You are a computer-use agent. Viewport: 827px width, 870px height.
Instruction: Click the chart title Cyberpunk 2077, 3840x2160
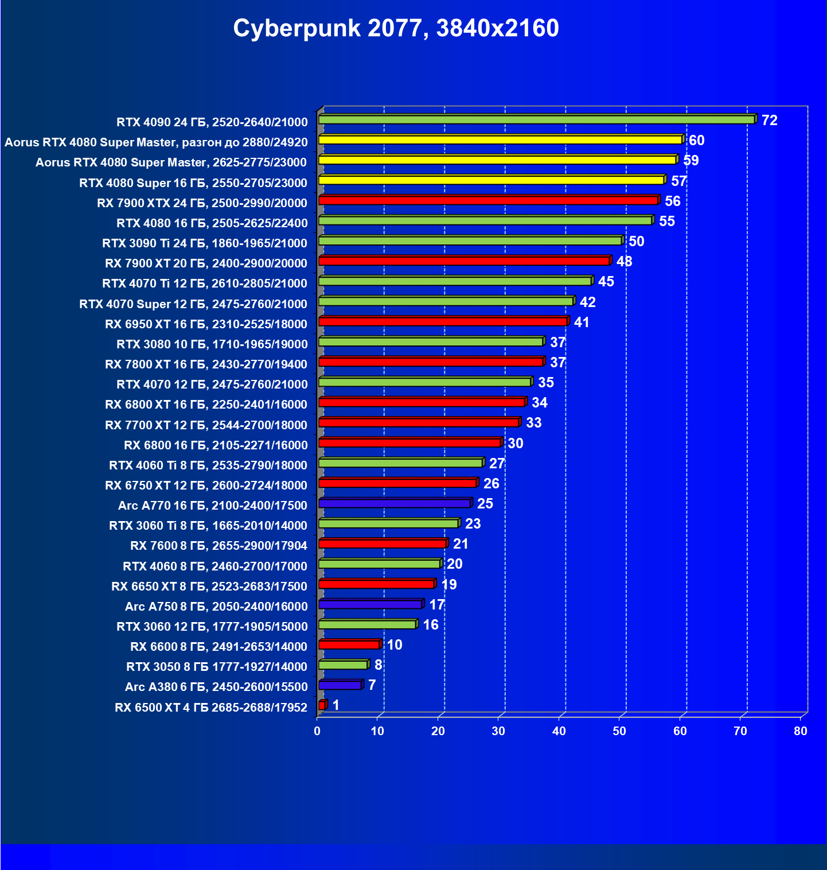pyautogui.click(x=396, y=28)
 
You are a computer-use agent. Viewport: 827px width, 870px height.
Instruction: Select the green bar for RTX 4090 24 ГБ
pyautogui.click(x=536, y=119)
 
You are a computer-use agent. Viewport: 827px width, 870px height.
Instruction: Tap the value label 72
pyautogui.click(x=769, y=121)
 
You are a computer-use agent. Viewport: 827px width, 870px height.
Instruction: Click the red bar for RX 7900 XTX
pyautogui.click(x=487, y=200)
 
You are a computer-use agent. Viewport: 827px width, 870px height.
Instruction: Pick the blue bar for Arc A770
pyautogui.click(x=395, y=503)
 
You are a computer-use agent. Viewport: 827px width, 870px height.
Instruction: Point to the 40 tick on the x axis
pyautogui.click(x=559, y=731)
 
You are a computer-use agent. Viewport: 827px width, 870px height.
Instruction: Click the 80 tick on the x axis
pyautogui.click(x=801, y=731)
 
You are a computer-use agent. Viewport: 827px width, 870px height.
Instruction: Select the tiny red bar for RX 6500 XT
pyautogui.click(x=322, y=705)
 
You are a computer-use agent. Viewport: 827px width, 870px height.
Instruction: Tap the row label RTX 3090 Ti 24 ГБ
pyautogui.click(x=205, y=243)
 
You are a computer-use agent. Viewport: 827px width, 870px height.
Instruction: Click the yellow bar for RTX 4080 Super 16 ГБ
pyautogui.click(x=491, y=180)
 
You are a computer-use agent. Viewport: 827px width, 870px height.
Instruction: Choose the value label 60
pyautogui.click(x=696, y=141)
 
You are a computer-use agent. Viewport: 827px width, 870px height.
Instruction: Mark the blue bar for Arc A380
pyautogui.click(x=340, y=685)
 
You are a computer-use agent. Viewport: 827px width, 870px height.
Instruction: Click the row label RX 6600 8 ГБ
pyautogui.click(x=219, y=647)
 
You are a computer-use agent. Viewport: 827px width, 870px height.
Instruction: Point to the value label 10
pyautogui.click(x=395, y=645)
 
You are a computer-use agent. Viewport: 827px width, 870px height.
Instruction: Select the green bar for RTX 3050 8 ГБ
pyautogui.click(x=343, y=665)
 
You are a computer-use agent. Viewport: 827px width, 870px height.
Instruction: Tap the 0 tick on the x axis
pyautogui.click(x=317, y=731)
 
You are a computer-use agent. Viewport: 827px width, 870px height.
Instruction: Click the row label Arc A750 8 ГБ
pyautogui.click(x=216, y=607)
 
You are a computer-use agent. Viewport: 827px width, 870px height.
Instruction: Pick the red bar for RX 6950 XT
pyautogui.click(x=443, y=321)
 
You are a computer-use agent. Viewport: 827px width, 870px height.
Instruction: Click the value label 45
pyautogui.click(x=606, y=282)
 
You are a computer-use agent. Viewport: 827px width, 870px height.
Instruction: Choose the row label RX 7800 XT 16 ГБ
pyautogui.click(x=206, y=364)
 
